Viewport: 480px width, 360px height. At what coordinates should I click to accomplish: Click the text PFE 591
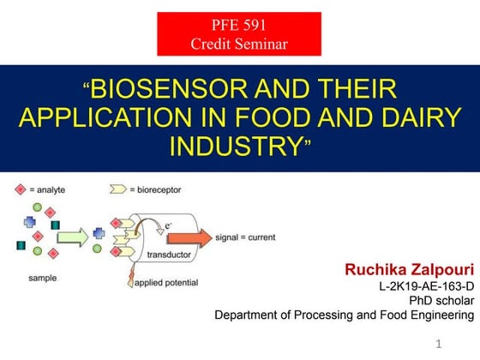click(x=238, y=27)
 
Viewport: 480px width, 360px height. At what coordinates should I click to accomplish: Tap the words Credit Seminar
click(x=238, y=43)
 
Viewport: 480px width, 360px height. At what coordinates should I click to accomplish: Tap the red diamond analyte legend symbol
click(x=21, y=188)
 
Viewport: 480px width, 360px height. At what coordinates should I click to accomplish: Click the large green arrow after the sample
click(x=73, y=235)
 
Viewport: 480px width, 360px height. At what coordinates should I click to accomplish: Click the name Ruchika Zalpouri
click(x=409, y=269)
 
